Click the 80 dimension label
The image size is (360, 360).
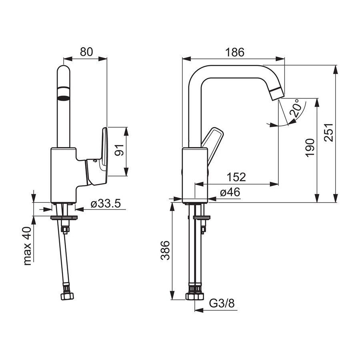(86, 52)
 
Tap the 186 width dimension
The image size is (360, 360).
(235, 52)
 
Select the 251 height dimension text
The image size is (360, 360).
(328, 132)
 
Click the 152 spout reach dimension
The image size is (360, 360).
(236, 177)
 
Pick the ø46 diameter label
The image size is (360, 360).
(230, 192)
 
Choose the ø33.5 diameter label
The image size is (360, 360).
(106, 204)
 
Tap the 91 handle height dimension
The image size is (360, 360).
(119, 150)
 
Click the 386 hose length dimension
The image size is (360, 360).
(165, 250)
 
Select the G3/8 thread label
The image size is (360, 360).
(222, 304)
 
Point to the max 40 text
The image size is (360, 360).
(27, 246)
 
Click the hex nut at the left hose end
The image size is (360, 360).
(68, 296)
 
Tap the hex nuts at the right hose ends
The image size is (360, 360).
(195, 296)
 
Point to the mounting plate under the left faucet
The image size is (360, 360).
(64, 217)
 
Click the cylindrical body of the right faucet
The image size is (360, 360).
(195, 176)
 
